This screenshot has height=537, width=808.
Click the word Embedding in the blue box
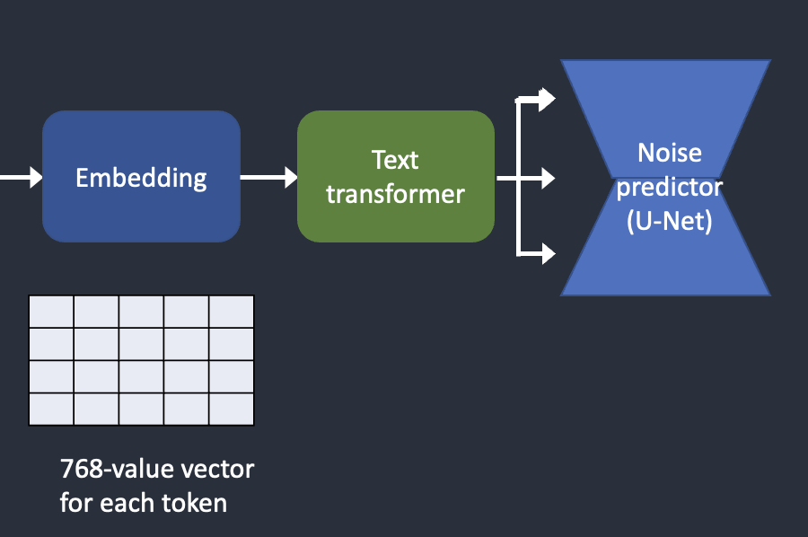point(141,179)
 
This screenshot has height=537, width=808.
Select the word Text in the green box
point(395,160)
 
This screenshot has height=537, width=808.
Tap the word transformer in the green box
point(395,194)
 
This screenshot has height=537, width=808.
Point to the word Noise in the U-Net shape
point(670,153)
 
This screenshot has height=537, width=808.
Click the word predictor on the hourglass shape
point(670,187)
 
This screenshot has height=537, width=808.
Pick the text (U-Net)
point(670,221)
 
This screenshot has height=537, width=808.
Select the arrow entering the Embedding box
point(22,177)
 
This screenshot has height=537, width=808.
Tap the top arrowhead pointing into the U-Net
point(547,99)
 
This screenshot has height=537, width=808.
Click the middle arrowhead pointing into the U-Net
point(547,179)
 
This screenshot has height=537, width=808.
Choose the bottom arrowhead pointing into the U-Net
point(547,253)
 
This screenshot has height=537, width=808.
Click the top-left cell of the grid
point(51,312)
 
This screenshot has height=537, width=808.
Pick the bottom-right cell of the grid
point(232,409)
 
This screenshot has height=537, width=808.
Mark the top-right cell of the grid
point(232,312)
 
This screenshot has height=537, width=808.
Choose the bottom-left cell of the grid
point(51,409)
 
